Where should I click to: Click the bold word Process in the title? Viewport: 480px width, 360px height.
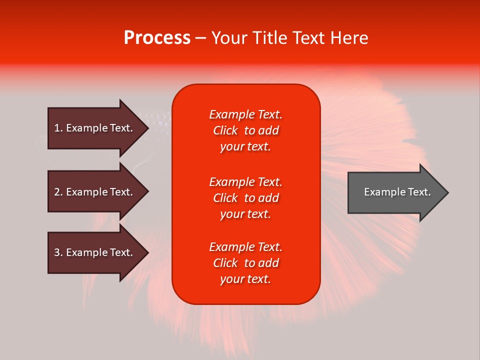pos(157,38)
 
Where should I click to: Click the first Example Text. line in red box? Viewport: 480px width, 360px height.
pos(245,114)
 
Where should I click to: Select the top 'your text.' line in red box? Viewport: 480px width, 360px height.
pos(245,146)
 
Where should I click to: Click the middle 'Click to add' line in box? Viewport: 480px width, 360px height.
pos(245,198)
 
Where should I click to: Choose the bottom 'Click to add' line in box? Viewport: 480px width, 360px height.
pos(245,263)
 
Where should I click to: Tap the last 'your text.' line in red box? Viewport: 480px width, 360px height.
pos(245,279)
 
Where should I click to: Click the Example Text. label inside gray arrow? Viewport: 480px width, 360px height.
pos(397,192)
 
